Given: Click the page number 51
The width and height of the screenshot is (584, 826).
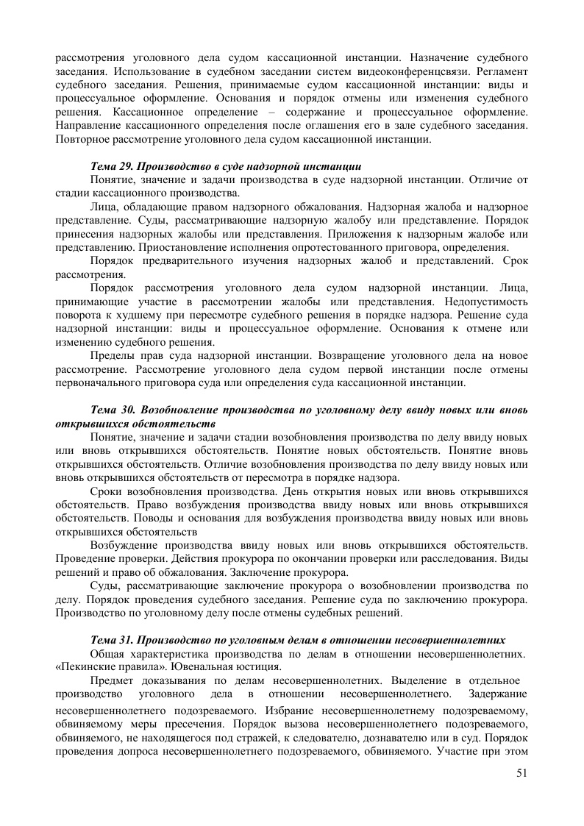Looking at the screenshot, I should pyautogui.click(x=521, y=772).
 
